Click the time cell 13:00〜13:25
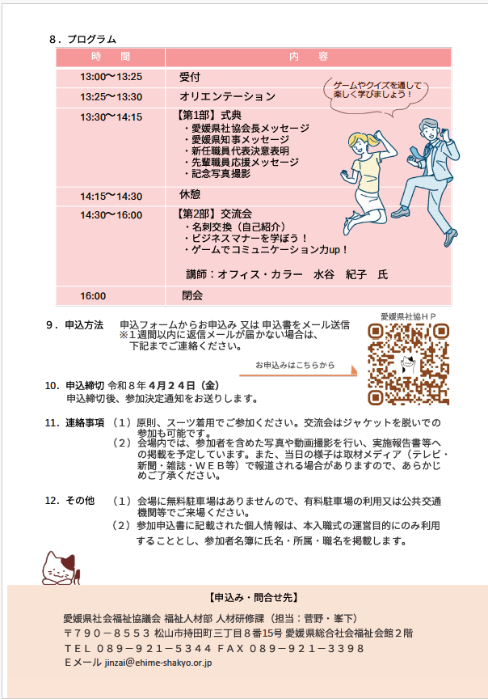111,77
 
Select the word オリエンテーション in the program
227,97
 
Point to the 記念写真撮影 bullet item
221,174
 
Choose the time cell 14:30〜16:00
111,215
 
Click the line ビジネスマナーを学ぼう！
250,239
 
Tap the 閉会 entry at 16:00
192,295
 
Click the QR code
407,364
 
